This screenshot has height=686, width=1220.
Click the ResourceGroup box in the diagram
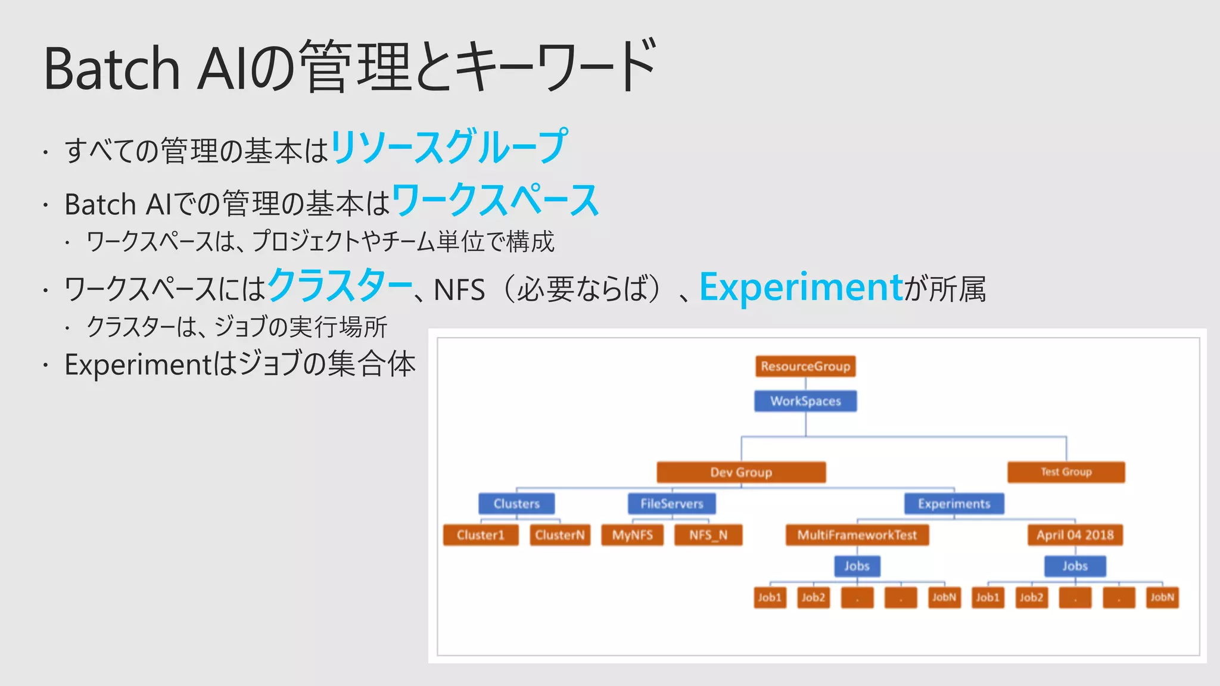click(805, 366)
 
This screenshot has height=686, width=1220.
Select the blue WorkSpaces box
click(805, 401)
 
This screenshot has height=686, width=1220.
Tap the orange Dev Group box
click(741, 472)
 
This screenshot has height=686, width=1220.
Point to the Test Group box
click(1066, 472)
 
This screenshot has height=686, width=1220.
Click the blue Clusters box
click(516, 504)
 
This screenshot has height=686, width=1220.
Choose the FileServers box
click(671, 504)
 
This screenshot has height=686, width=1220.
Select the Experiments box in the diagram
click(954, 504)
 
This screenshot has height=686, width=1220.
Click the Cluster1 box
click(480, 535)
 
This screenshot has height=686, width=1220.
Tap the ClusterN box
click(559, 535)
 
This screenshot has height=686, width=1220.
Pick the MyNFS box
click(632, 535)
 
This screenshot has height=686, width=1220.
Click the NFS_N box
click(708, 535)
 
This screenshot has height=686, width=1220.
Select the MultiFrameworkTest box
click(857, 535)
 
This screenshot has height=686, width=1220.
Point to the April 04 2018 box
click(1075, 535)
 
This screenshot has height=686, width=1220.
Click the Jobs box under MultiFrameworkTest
click(857, 566)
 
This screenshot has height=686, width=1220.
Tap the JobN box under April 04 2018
click(1162, 597)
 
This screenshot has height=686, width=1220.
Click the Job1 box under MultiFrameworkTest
click(769, 597)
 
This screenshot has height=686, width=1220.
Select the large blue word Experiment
click(801, 287)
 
